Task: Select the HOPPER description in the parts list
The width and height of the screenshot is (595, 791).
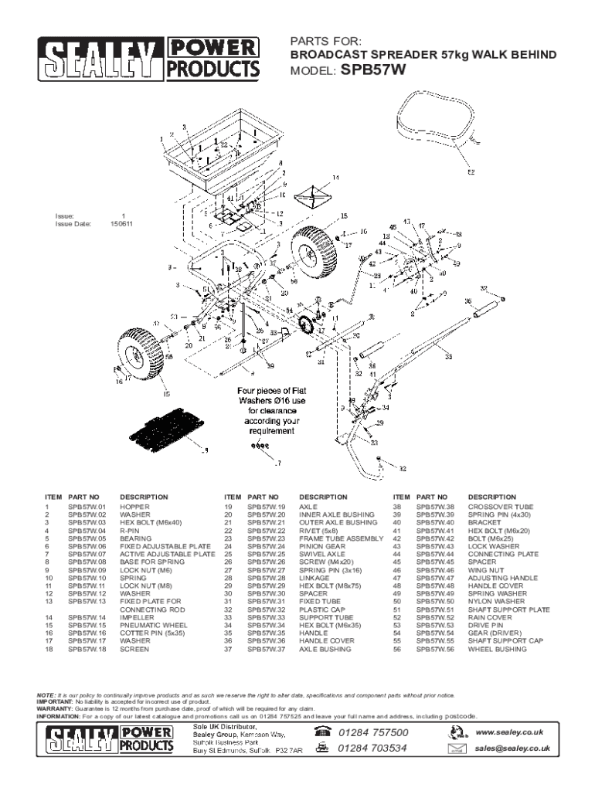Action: tap(134, 508)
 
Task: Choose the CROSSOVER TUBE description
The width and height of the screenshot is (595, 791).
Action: tap(500, 508)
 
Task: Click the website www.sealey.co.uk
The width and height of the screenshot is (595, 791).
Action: tap(509, 732)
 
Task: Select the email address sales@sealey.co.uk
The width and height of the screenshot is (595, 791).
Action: tap(512, 748)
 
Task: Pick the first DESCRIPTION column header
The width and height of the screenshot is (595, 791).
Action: tap(144, 497)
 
